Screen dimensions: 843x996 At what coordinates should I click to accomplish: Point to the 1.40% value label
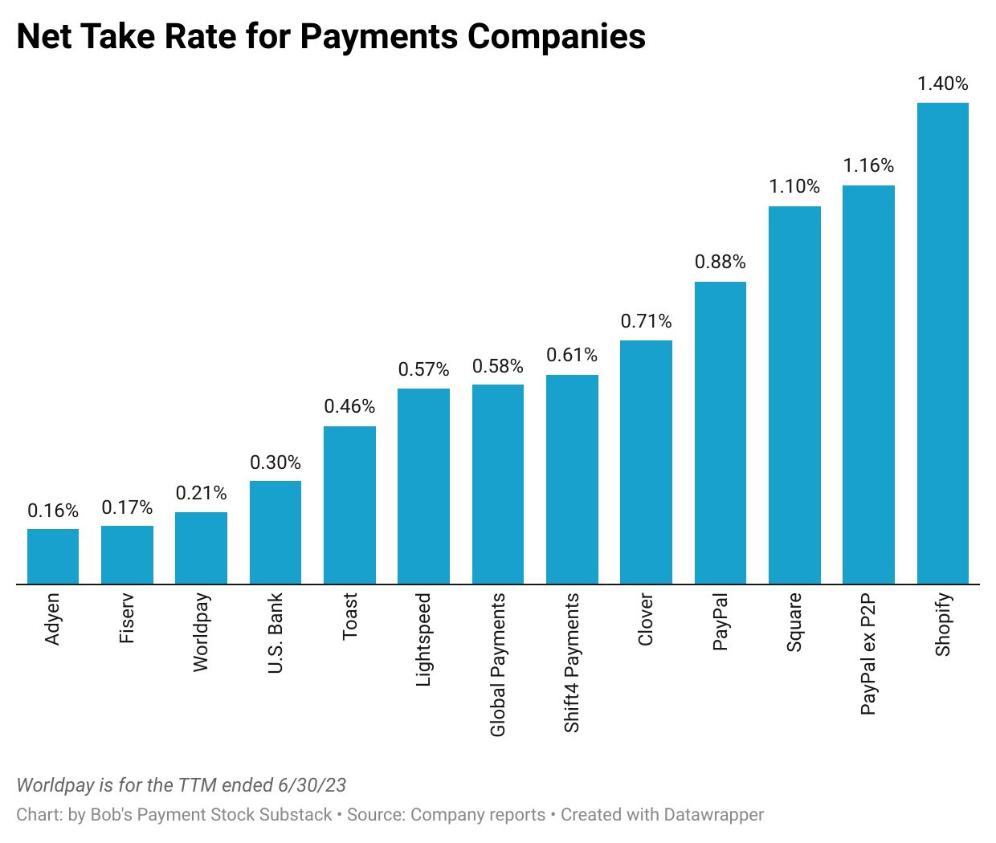click(x=942, y=83)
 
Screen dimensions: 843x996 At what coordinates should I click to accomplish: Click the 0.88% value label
click(x=720, y=262)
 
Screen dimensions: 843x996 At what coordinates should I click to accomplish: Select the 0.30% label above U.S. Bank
click(x=276, y=462)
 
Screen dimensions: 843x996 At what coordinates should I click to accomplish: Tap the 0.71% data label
click(x=646, y=321)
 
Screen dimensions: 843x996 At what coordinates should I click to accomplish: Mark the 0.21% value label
click(x=201, y=493)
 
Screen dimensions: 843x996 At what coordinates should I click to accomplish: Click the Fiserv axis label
click(x=127, y=618)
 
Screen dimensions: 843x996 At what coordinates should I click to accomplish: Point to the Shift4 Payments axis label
click(x=572, y=662)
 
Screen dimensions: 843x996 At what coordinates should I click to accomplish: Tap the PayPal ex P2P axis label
click(x=868, y=654)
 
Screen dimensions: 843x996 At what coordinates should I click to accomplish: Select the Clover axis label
click(x=646, y=619)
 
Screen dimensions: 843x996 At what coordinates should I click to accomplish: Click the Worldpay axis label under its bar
click(x=201, y=632)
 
